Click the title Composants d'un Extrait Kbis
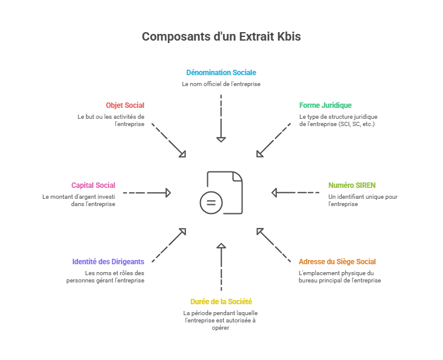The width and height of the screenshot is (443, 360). click(221, 37)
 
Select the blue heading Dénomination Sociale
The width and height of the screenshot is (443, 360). click(221, 73)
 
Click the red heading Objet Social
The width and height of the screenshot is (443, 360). click(125, 105)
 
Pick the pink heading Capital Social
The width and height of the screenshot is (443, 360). click(93, 185)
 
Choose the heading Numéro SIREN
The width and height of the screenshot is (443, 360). click(348, 185)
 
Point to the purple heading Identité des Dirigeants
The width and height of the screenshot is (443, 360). click(108, 262)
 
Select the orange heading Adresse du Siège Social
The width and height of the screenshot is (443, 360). click(338, 262)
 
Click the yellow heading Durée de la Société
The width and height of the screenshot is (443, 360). click(221, 301)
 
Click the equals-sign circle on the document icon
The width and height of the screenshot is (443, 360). click(211, 202)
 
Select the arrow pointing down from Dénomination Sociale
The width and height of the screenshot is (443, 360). click(221, 118)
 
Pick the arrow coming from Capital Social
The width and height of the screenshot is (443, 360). click(147, 193)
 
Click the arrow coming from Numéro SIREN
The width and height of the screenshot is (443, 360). click(295, 193)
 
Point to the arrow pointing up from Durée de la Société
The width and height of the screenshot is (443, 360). click(221, 267)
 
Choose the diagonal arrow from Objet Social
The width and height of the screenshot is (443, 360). click(168, 141)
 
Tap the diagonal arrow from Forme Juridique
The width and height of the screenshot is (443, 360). click(274, 141)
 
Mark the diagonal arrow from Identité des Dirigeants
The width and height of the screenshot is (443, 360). click(168, 245)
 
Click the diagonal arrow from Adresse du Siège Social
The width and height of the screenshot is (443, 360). click(274, 245)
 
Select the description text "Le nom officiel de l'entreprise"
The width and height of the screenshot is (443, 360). click(221, 84)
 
